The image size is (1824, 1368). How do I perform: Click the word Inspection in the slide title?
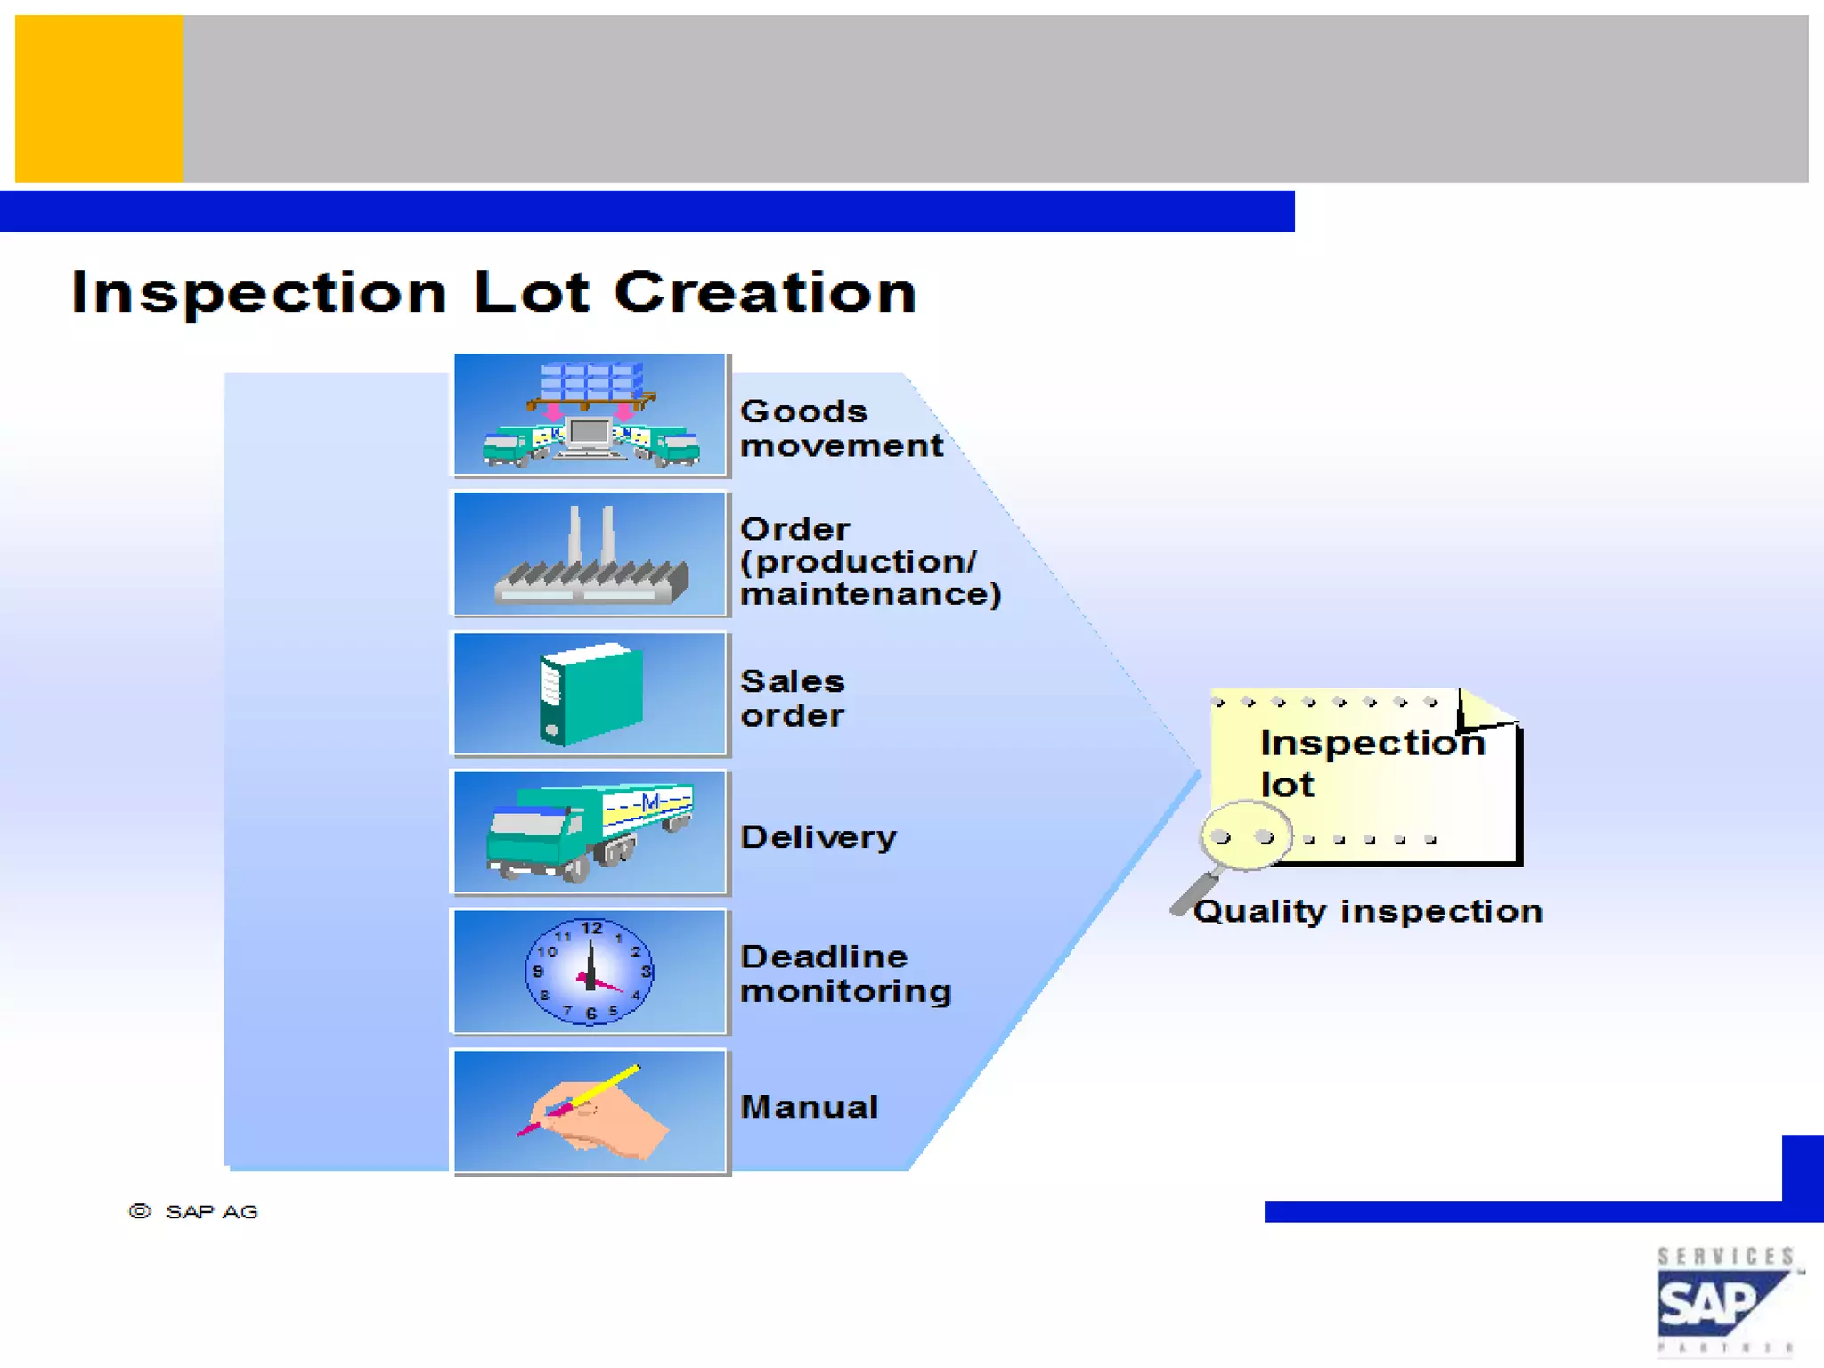coord(258,292)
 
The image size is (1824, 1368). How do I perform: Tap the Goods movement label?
coord(840,428)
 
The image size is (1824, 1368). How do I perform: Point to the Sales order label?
coord(792,698)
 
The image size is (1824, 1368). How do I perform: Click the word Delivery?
coord(818,837)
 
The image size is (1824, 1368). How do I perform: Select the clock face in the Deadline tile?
coord(590,972)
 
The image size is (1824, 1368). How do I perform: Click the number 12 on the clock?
coord(591,928)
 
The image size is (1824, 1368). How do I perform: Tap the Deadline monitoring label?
coord(844,973)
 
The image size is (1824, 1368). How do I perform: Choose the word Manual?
coord(809,1107)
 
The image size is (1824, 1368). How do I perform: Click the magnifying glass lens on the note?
coord(1243,835)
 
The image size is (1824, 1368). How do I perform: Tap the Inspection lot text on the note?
coord(1372,762)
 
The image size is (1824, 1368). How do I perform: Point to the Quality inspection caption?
coord(1368,911)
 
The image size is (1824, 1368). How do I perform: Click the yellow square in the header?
coord(99,99)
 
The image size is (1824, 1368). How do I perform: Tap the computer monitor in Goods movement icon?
coord(588,434)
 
